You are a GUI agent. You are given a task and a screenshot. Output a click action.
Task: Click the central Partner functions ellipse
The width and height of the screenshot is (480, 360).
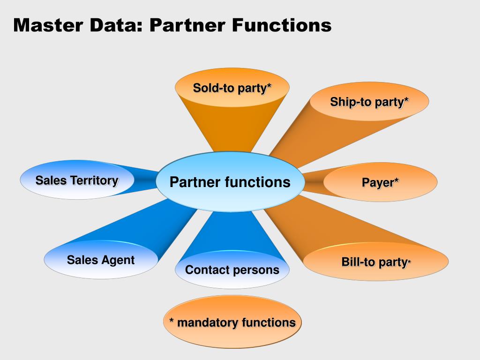click(x=230, y=182)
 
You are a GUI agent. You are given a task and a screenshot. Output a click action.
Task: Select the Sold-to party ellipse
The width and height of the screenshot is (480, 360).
click(x=232, y=88)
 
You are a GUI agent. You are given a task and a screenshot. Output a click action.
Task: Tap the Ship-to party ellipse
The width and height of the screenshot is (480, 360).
click(x=369, y=102)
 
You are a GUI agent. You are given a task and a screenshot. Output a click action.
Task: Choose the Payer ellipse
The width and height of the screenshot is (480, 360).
click(x=380, y=182)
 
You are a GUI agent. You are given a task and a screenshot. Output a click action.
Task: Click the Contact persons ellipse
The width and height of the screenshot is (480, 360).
click(x=232, y=270)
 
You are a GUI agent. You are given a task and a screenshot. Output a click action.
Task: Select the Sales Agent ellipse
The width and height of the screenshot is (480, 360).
click(x=101, y=260)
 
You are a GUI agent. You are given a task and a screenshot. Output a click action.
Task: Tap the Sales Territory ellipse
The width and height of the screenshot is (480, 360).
click(x=77, y=180)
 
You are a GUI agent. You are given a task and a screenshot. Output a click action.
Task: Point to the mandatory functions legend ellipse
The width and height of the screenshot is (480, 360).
click(x=232, y=322)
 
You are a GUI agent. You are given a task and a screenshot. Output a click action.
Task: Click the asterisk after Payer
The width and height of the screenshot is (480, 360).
click(x=397, y=180)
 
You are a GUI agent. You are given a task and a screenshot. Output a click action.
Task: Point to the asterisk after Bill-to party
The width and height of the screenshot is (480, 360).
click(x=409, y=262)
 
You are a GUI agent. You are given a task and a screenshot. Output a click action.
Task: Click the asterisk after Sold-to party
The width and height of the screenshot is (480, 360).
click(x=269, y=86)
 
